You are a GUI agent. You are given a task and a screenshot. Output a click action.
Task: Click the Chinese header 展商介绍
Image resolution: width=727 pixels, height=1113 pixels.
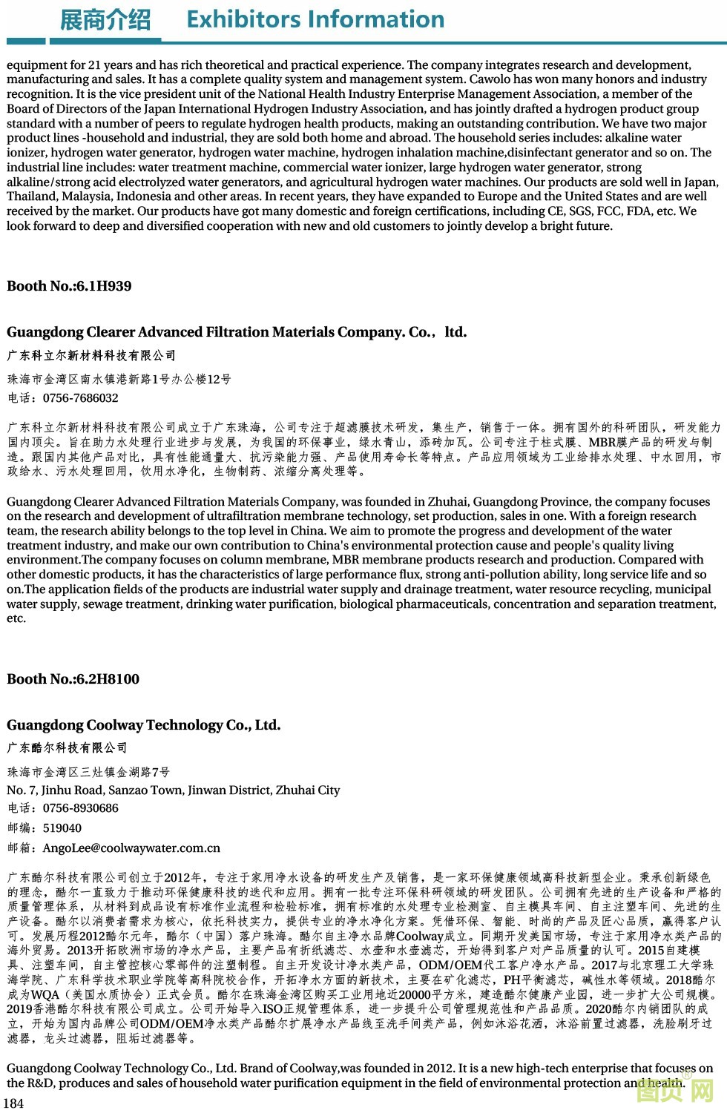[x=105, y=20]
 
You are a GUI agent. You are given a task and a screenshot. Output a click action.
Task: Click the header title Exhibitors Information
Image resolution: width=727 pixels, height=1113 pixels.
[x=315, y=19]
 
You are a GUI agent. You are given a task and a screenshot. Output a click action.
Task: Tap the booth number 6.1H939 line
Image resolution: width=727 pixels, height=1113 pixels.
[x=69, y=286]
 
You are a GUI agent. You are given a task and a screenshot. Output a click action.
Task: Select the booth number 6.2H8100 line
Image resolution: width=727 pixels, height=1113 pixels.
[x=73, y=679]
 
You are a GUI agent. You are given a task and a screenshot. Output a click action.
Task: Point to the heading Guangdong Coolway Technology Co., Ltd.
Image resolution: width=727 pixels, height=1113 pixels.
[x=144, y=725]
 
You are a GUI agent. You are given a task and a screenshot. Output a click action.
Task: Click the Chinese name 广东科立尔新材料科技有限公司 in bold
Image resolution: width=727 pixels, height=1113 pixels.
[x=92, y=356]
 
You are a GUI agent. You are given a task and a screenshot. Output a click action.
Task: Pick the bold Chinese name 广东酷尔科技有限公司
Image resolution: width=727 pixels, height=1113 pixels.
[x=68, y=748]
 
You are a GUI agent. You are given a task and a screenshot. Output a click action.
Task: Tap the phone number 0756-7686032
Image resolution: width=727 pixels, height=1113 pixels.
[x=80, y=398]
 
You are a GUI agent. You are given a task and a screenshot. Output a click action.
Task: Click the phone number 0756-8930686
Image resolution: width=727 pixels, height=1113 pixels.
[x=80, y=808]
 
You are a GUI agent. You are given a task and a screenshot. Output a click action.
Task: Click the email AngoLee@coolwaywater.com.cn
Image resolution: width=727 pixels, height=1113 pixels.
[x=131, y=848]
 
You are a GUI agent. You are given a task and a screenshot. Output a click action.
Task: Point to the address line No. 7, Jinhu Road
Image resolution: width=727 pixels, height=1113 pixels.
[x=173, y=790]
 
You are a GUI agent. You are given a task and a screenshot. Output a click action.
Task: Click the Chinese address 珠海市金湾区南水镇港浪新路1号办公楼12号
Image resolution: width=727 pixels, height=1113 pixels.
[x=119, y=380]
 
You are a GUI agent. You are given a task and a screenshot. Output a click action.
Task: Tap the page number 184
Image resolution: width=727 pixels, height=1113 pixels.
[x=14, y=1103]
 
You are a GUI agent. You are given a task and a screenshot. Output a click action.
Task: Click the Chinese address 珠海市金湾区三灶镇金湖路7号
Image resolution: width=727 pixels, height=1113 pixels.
[x=88, y=772]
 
